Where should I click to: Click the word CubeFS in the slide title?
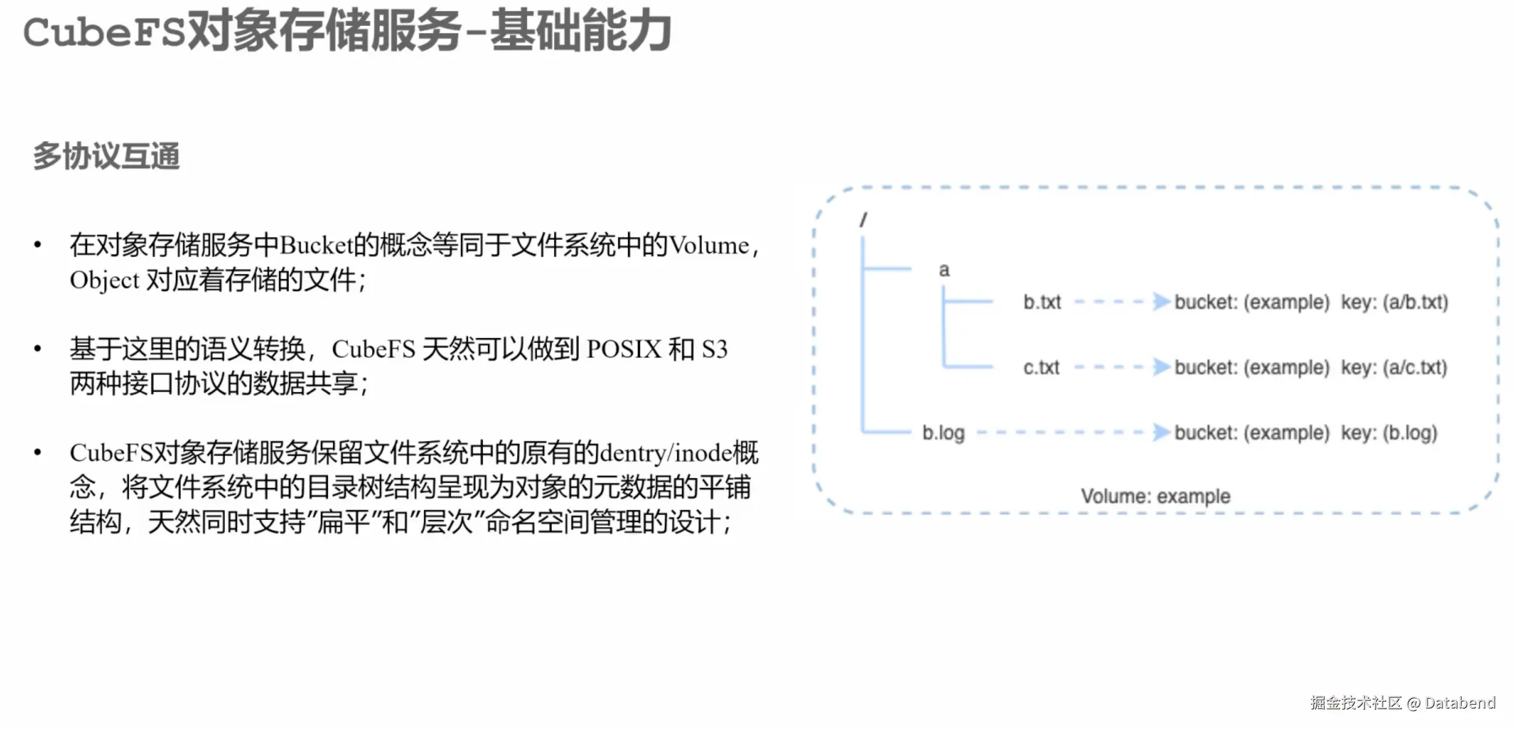point(104,32)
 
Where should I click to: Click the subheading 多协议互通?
point(106,156)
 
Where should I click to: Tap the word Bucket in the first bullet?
point(316,246)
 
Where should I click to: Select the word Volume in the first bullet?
point(709,246)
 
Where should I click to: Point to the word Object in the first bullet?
point(104,281)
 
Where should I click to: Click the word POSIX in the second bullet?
point(624,350)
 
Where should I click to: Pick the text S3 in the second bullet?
point(714,350)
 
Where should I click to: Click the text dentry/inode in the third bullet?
point(666,453)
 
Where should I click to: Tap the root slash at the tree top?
point(863,219)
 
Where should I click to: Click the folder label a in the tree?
point(944,270)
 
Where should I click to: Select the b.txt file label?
point(1042,302)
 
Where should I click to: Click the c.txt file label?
point(1041,367)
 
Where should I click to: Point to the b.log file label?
point(944,433)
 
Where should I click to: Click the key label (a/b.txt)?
point(1415,302)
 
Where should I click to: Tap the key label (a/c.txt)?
point(1415,367)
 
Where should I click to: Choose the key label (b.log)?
point(1410,433)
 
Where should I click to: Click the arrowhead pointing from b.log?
point(1161,432)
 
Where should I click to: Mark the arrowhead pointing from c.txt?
point(1161,367)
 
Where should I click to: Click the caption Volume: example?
point(1156,496)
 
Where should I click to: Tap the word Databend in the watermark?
point(1460,703)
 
